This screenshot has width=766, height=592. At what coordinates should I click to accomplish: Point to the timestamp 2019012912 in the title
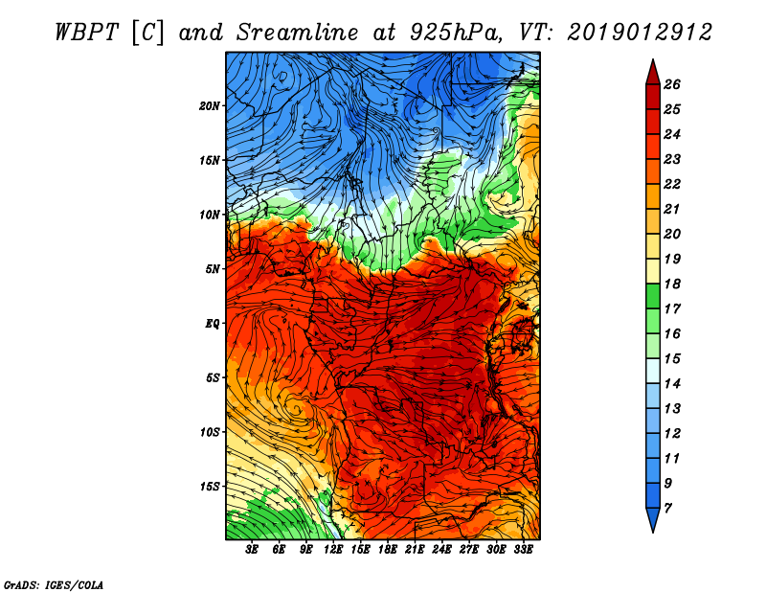(640, 32)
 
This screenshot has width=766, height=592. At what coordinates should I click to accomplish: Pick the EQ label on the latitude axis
(213, 323)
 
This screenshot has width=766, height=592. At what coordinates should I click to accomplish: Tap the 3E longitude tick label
(253, 550)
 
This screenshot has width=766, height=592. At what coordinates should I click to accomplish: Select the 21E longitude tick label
(415, 550)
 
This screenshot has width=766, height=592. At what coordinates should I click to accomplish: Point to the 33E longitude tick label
(523, 550)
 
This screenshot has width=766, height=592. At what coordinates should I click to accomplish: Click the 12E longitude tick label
(333, 550)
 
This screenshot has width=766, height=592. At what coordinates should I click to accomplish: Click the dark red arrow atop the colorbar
(652, 71)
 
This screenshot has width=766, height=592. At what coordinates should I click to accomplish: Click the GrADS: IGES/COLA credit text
(54, 583)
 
